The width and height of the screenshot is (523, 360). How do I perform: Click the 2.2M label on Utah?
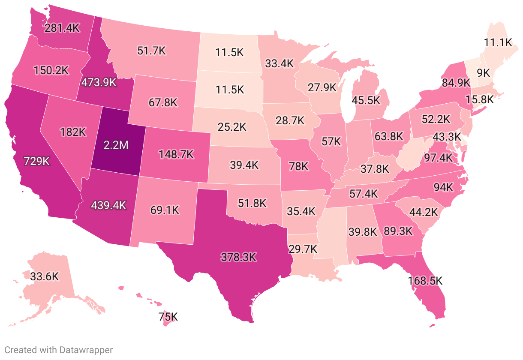116,145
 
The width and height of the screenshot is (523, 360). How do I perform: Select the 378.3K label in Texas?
238,257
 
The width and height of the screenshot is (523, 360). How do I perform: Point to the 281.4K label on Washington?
62,28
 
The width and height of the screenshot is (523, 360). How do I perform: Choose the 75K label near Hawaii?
168,317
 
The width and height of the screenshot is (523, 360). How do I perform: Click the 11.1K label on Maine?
498,42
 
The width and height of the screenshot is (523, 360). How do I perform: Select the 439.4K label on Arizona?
108,205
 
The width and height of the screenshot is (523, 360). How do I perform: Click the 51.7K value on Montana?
151,50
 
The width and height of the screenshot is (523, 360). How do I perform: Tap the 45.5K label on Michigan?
365,100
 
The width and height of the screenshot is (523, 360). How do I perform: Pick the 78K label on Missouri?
298,166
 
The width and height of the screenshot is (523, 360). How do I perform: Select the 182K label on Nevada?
73,132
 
